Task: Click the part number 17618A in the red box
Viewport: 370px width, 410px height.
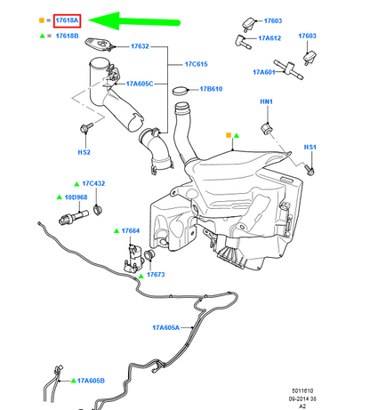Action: (67, 20)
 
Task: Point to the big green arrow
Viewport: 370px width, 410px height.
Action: (134, 21)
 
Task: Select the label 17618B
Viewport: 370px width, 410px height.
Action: (67, 36)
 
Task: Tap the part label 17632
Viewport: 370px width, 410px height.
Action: (140, 46)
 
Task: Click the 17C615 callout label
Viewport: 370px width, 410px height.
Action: (197, 64)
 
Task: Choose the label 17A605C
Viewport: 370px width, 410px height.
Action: (140, 84)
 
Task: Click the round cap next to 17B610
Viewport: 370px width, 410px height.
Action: (181, 91)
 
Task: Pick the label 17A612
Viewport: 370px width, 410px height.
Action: (269, 38)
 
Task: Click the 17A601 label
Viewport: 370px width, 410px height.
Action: (264, 72)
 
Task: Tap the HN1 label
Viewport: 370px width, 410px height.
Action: (266, 101)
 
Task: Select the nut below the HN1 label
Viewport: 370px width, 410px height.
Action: (266, 128)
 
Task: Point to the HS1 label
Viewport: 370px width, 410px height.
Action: (310, 147)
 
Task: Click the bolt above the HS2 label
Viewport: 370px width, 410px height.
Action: (86, 128)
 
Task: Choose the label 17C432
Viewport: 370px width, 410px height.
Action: (93, 183)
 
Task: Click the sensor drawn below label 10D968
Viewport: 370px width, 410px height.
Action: (74, 218)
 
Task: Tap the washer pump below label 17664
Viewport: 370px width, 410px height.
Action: (133, 258)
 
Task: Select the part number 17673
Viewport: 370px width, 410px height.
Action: (156, 275)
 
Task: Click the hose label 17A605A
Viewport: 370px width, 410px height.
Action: (165, 327)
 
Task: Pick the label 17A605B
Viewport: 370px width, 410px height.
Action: (91, 381)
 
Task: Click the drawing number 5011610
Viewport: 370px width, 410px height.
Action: (302, 390)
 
